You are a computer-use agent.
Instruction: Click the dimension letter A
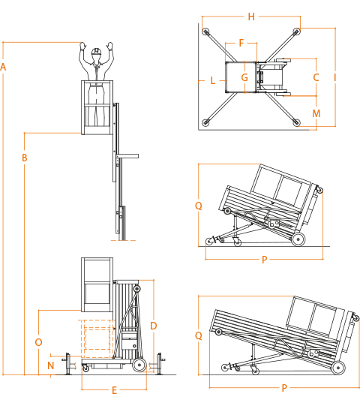click(3, 67)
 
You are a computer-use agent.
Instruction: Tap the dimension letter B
click(25, 158)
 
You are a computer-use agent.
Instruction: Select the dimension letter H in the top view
click(251, 17)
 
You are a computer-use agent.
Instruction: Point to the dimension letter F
click(241, 43)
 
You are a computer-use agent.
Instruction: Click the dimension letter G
click(244, 77)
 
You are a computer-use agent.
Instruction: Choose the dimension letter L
click(213, 80)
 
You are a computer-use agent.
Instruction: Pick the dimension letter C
click(316, 77)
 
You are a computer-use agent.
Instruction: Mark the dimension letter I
click(335, 77)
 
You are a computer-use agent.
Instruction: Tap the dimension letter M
click(316, 113)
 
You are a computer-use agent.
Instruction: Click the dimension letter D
click(154, 326)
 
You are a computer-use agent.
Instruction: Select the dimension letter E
click(114, 390)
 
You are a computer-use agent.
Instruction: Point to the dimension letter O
click(38, 342)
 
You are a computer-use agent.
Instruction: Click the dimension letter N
click(51, 365)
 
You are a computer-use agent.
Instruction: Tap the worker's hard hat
click(96, 51)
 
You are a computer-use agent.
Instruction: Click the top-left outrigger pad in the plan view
click(205, 32)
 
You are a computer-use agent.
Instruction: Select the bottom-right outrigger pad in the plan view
click(296, 122)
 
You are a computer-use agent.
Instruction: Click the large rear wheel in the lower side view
click(139, 365)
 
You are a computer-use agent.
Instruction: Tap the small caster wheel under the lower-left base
click(85, 368)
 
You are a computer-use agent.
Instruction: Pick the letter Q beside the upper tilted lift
click(199, 206)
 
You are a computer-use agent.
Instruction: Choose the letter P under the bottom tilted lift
click(284, 388)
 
